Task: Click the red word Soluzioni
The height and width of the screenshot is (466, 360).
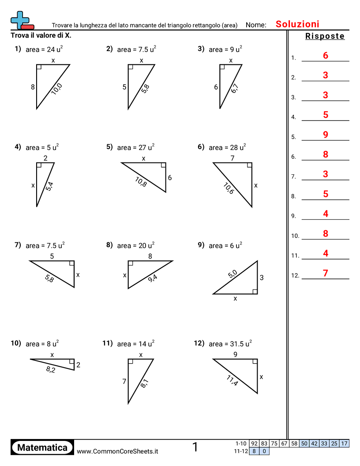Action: (x=297, y=24)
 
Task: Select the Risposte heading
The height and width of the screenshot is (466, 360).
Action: (x=325, y=36)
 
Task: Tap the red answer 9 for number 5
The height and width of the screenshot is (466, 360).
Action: (x=326, y=135)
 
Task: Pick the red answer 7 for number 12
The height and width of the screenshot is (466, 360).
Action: (x=326, y=273)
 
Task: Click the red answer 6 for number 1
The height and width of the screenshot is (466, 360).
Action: (x=326, y=56)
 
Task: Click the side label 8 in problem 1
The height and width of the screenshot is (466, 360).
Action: (x=33, y=87)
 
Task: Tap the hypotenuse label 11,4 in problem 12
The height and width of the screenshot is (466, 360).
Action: (x=232, y=380)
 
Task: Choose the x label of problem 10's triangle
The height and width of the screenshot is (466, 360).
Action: (x=52, y=354)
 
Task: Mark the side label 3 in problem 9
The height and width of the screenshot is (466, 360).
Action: (x=262, y=278)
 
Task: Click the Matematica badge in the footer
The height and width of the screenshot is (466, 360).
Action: (x=42, y=447)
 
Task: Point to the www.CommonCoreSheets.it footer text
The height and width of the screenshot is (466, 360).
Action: (x=117, y=451)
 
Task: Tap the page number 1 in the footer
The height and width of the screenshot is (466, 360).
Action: (x=195, y=447)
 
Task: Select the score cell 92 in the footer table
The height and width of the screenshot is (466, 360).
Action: (x=254, y=443)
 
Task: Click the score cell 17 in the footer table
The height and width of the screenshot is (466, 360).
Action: (x=345, y=443)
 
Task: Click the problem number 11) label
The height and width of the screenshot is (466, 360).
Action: (x=108, y=343)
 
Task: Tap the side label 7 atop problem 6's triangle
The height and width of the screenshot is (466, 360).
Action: (x=232, y=158)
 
